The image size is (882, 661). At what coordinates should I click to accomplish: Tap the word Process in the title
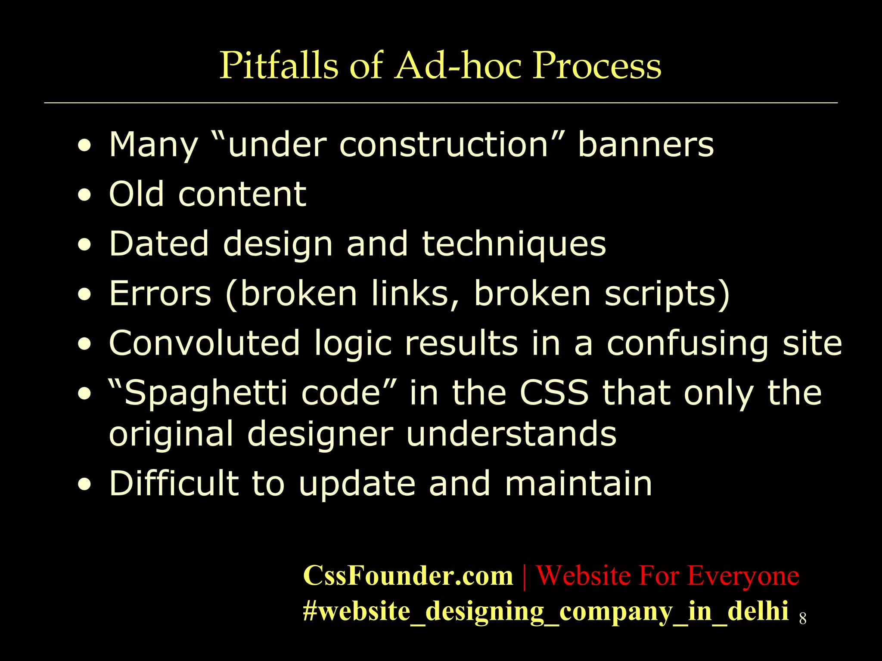[597, 65]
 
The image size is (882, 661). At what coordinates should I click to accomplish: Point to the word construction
[444, 145]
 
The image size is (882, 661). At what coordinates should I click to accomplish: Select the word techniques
[514, 244]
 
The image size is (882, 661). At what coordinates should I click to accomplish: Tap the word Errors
[160, 293]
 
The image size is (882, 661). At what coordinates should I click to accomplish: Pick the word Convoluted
[204, 343]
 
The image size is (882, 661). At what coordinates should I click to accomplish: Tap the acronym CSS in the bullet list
[554, 393]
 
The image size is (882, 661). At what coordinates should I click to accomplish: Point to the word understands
[511, 434]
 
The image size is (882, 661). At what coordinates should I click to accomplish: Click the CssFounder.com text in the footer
[408, 575]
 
